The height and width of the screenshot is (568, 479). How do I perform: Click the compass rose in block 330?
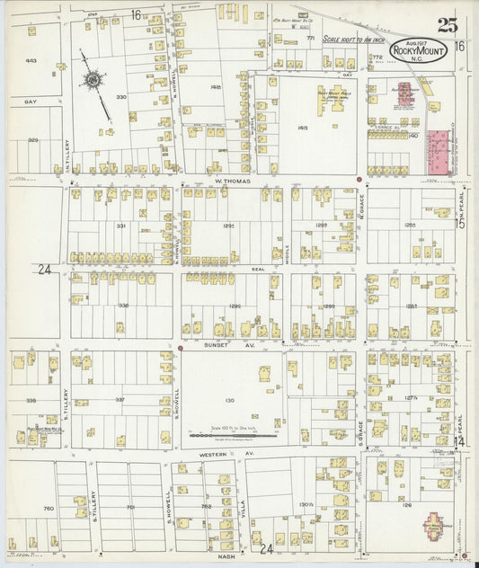pyautogui.click(x=93, y=81)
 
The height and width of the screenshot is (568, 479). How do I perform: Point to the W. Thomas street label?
pyautogui.click(x=231, y=181)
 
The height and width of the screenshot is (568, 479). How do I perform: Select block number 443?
pyautogui.click(x=31, y=61)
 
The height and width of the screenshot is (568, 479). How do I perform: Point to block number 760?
pyautogui.click(x=48, y=509)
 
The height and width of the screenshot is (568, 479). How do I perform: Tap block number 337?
pyautogui.click(x=120, y=399)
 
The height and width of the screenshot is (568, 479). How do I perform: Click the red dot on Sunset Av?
pyautogui.click(x=180, y=348)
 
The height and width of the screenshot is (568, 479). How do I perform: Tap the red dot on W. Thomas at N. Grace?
pyautogui.click(x=359, y=180)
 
